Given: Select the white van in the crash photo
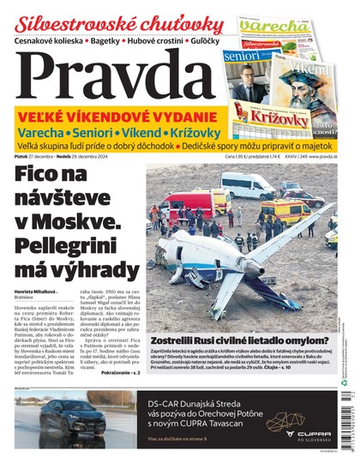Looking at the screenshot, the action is (247, 184).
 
